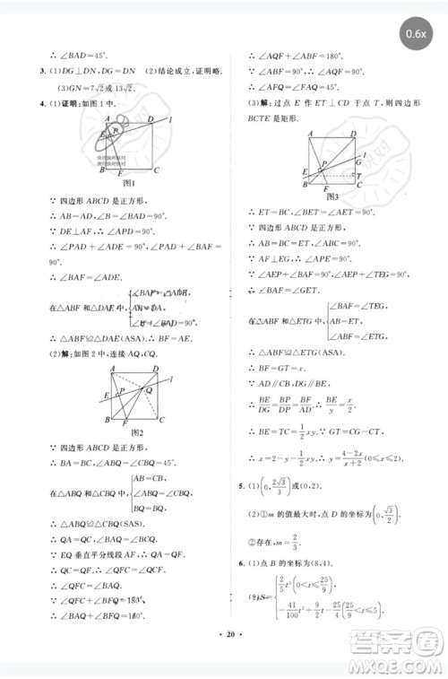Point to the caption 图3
(332, 196)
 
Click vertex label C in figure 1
(158, 170)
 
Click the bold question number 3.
(33, 72)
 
